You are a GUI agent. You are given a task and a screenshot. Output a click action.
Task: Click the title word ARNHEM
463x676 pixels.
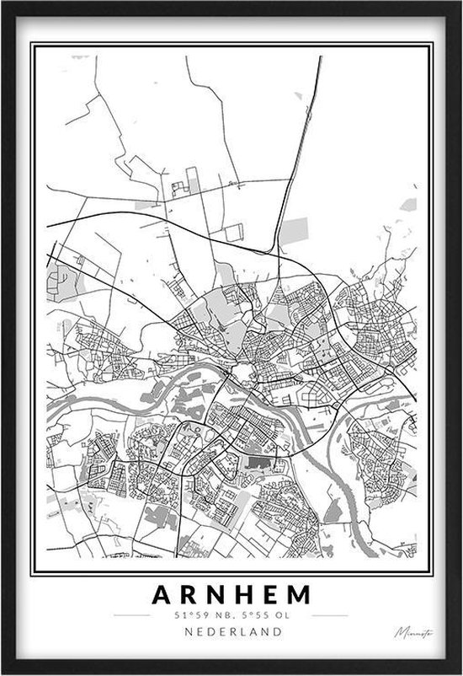tap(231, 595)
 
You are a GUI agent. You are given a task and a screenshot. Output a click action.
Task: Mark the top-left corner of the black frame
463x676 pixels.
tap(3, 3)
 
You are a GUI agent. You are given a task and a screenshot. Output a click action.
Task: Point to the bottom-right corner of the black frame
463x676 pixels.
tap(459, 672)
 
